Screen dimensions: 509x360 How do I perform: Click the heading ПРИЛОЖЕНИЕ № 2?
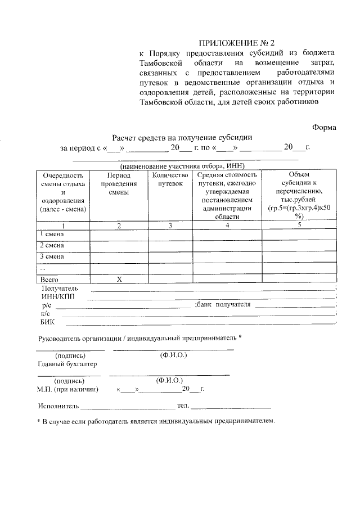239,43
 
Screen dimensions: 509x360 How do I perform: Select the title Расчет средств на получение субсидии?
182,137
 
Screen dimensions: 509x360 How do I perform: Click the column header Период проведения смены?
119,183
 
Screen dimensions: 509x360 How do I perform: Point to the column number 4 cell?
227,225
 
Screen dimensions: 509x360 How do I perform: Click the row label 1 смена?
51,233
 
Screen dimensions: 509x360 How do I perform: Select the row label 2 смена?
51,245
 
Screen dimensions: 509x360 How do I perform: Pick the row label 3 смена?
51,256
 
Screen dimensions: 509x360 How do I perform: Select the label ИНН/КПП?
57,296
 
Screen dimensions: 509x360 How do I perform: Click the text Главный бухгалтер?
64,364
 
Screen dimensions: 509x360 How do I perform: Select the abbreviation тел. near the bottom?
183,406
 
